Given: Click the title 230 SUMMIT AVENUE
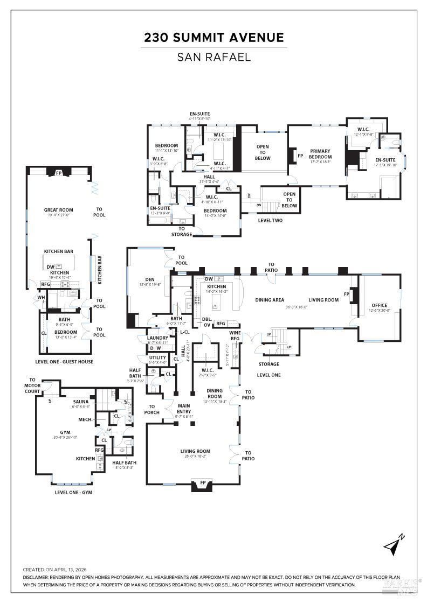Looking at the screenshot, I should coord(213,38).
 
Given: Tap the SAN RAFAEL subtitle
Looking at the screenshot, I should coord(213,57).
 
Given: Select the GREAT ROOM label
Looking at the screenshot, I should coord(58,210).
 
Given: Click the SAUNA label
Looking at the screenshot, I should coord(81,401).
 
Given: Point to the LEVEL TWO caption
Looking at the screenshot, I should coord(270,220).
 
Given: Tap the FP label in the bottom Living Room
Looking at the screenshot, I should coord(202,482).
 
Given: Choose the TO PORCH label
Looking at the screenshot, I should coord(152,410).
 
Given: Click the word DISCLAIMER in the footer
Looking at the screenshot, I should coord(38,577).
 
